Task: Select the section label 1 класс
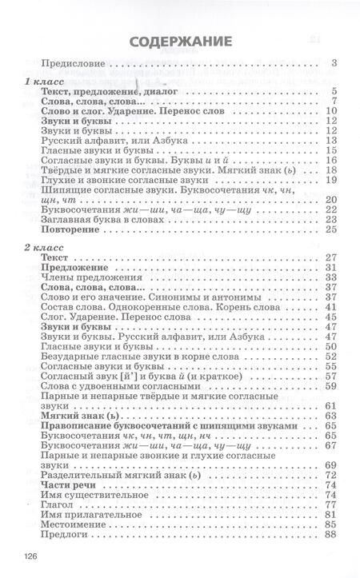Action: click(40, 82)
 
